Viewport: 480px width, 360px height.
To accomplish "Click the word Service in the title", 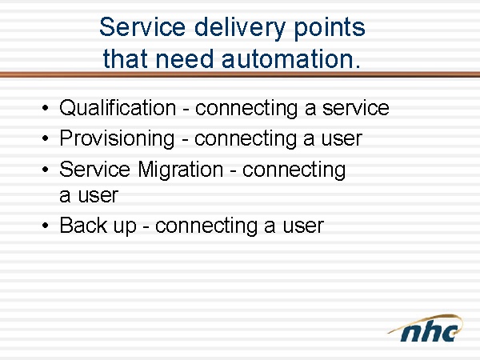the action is click(142, 27).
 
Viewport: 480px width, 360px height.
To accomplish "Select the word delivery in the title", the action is click(239, 29).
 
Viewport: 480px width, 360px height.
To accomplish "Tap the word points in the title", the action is click(330, 29).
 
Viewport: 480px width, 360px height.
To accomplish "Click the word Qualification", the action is click(118, 108).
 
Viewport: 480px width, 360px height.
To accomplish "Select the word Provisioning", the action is click(117, 138).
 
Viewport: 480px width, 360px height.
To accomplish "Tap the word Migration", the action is click(180, 170).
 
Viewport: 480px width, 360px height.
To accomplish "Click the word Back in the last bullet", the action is click(83, 226).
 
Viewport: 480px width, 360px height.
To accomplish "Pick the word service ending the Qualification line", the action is click(356, 108).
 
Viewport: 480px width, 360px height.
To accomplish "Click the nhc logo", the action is click(426, 328).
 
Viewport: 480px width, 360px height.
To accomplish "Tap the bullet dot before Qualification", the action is click(46, 108).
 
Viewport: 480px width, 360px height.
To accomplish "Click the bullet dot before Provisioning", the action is click(46, 138).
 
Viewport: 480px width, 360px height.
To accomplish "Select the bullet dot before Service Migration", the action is click(46, 169).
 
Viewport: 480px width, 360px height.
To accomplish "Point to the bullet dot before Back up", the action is click(46, 226).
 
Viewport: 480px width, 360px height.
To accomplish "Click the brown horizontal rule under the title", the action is click(240, 74).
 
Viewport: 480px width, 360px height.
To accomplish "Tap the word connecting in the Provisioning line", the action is click(246, 139).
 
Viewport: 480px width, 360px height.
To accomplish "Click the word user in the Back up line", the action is click(303, 226).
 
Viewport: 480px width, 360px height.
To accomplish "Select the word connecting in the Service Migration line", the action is click(294, 170).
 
